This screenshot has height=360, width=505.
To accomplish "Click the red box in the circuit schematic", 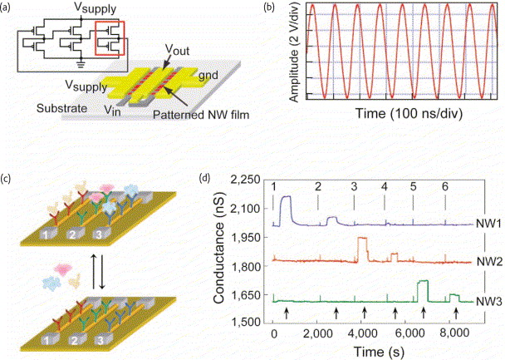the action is coord(96,37).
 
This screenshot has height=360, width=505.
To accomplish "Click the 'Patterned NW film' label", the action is coord(201,115).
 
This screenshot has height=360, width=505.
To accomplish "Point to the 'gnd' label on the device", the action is coord(208,75).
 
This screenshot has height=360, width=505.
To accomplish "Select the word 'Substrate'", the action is coord(61,108).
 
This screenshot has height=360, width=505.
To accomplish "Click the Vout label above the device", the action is coord(178,50).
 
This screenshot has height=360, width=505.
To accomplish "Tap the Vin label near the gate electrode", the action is coord(112,111).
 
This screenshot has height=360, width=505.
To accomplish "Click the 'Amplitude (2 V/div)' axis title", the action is coord(294,52).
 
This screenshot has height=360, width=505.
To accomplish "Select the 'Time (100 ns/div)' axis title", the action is coord(409,113).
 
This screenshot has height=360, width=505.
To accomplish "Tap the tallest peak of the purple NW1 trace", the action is coord(286,196).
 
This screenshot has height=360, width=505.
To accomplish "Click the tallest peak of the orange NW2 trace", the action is coord(363,238).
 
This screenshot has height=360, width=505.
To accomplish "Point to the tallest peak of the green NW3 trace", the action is coord(423,281).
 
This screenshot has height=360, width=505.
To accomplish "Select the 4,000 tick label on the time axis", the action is coord(364,333).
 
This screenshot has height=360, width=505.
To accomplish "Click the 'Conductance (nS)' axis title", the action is coord(219,248).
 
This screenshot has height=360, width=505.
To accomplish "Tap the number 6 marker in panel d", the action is coord(444,186).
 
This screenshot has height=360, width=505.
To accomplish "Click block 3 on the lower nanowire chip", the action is coord(101,340).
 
